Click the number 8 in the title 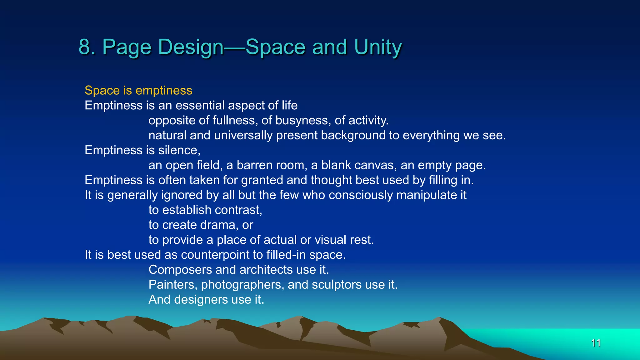[x=84, y=47]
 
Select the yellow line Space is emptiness [x=138, y=90]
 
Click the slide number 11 [x=596, y=343]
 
